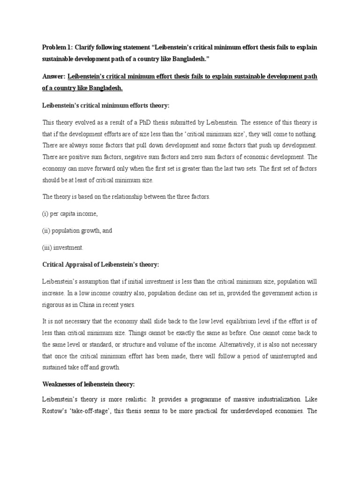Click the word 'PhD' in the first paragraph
click(158, 122)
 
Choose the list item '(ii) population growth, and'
click(77, 231)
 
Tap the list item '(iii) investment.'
click(63, 247)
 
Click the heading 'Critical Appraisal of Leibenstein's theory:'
click(101, 265)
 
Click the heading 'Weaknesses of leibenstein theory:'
click(89, 384)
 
